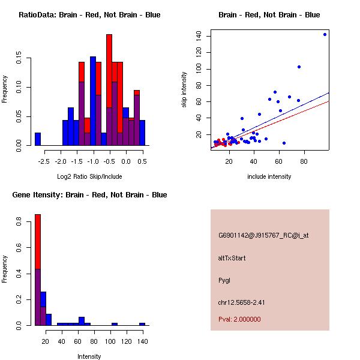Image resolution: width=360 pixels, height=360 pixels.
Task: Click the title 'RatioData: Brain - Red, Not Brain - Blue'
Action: point(89,15)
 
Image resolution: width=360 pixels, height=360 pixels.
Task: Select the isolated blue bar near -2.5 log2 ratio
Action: point(38,139)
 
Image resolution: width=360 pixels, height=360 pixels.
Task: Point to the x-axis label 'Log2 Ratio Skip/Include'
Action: point(89,176)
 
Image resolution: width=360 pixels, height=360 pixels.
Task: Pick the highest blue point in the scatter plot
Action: point(325,34)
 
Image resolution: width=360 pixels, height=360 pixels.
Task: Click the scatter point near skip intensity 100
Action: point(299,67)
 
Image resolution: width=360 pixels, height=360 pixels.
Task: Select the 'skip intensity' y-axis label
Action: point(184,90)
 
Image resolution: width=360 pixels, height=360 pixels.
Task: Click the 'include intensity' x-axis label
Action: point(269,176)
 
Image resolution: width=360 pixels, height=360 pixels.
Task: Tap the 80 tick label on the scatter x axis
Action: point(304,161)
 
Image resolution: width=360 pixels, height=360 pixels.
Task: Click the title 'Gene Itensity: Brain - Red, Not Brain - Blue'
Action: point(89,195)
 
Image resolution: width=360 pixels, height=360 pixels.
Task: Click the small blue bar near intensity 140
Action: point(142,324)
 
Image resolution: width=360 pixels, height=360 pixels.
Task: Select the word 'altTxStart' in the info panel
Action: point(232,258)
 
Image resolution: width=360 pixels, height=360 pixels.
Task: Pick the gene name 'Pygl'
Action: point(224,280)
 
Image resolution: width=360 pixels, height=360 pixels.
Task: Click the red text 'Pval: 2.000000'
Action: point(239,319)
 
